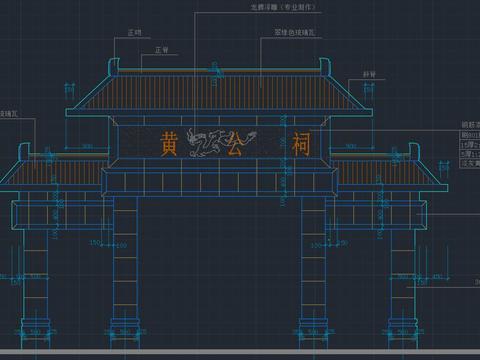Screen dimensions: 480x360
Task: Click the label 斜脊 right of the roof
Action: (x=369, y=74)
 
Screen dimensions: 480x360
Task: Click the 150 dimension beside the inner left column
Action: (x=95, y=242)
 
